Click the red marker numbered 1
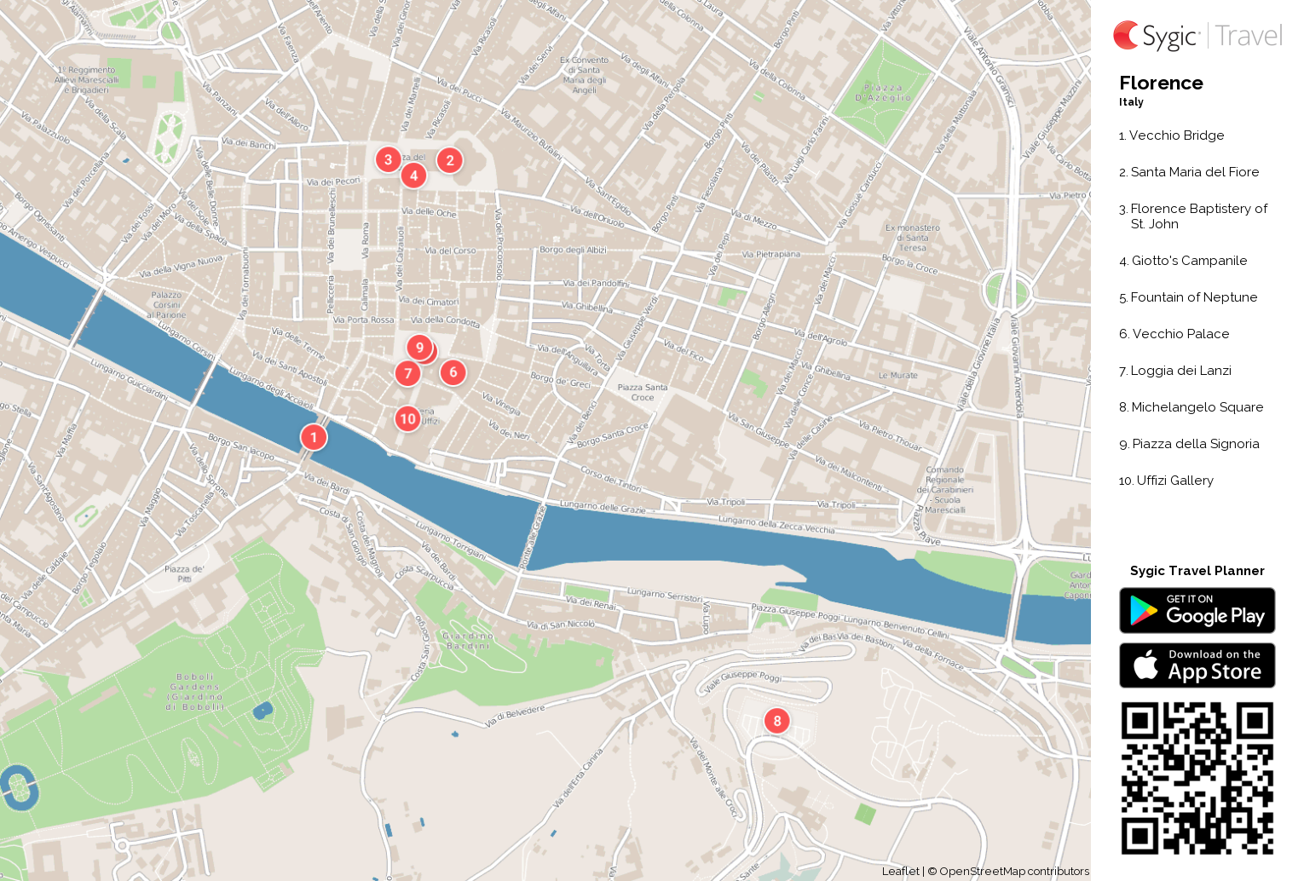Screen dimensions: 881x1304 point(314,437)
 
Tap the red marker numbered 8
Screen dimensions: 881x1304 point(776,721)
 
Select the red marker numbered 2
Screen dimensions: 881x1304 point(450,160)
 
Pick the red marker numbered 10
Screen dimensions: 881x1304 point(407,418)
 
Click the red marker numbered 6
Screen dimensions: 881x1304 point(453,371)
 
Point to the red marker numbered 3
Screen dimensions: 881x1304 point(388,159)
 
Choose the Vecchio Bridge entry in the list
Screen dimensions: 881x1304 point(1175,135)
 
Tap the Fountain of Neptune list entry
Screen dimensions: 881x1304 point(1193,297)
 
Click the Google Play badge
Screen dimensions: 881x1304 point(1197,611)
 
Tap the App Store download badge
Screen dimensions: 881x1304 point(1197,665)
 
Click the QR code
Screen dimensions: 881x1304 point(1197,778)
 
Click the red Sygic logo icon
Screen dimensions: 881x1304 point(1127,36)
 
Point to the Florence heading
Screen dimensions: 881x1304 point(1161,83)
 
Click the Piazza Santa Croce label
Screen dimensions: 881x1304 point(643,392)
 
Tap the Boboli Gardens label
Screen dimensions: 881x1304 point(196,692)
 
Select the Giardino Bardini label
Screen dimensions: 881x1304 point(468,641)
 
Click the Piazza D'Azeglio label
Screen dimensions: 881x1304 point(883,93)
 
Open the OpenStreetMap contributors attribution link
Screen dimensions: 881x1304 point(1013,871)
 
